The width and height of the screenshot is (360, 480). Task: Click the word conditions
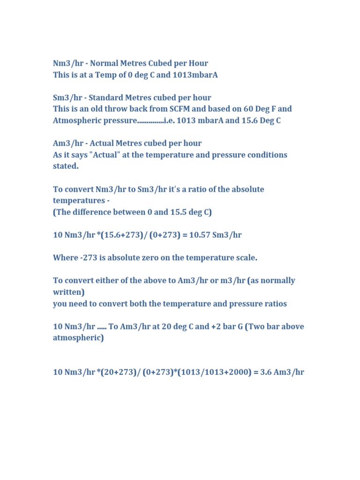point(266,155)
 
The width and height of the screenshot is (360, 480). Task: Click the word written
point(67,292)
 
